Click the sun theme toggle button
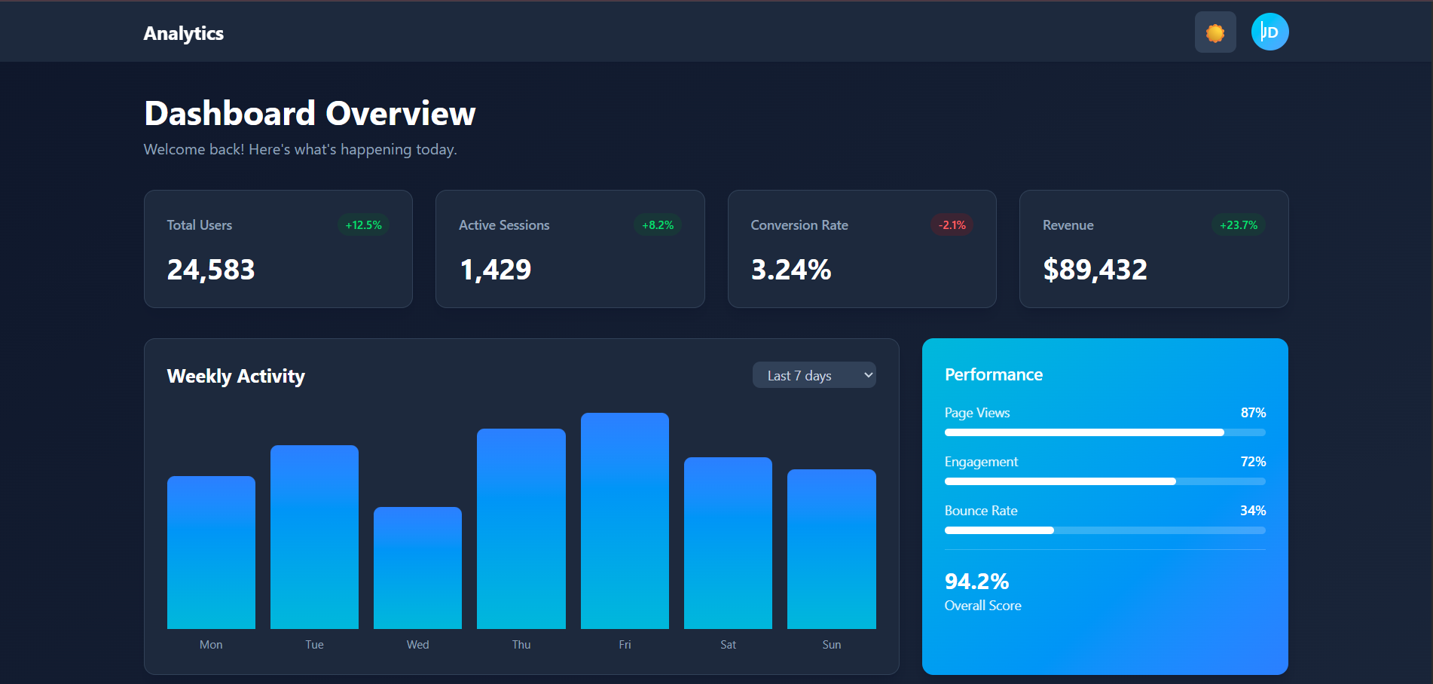pos(1215,32)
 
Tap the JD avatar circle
pos(1270,32)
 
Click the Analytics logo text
pos(183,33)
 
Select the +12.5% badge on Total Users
pos(363,225)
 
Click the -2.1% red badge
pos(952,225)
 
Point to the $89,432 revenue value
pos(1094,270)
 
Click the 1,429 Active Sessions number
pos(495,270)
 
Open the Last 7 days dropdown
pos(814,375)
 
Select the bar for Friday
pos(625,520)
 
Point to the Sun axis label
pos(831,645)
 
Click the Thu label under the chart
pos(521,645)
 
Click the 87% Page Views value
pos(1252,413)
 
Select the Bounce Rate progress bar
pos(1105,530)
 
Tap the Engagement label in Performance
pos(981,462)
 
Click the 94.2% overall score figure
pos(976,582)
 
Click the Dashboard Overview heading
pos(310,114)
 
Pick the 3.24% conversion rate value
pos(790,270)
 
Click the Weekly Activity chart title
pos(236,376)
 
